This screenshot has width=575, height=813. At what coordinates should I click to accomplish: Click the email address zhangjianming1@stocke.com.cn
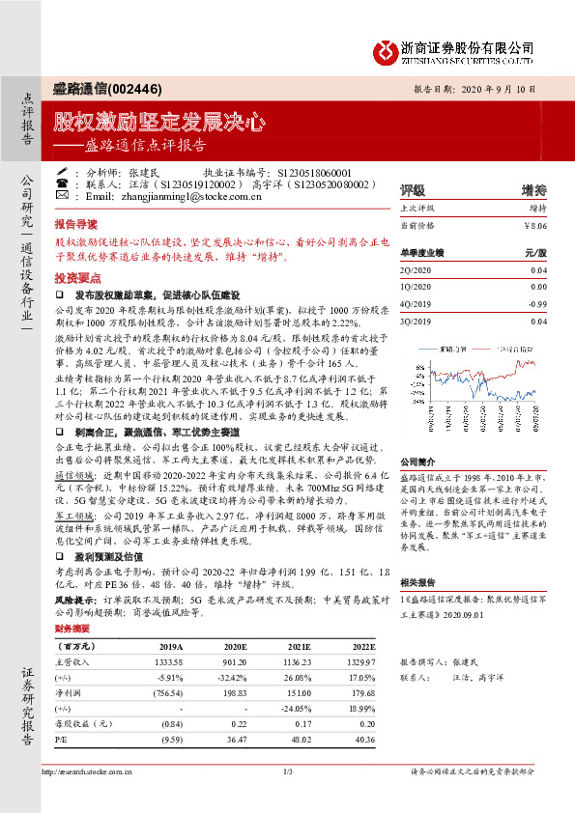coord(188,196)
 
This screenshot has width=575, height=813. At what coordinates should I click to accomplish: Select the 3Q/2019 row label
coord(415,321)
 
